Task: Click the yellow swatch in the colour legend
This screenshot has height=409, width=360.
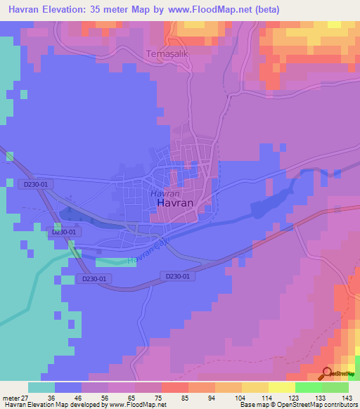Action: (255, 387)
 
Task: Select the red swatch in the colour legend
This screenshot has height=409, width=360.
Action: (174, 387)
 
